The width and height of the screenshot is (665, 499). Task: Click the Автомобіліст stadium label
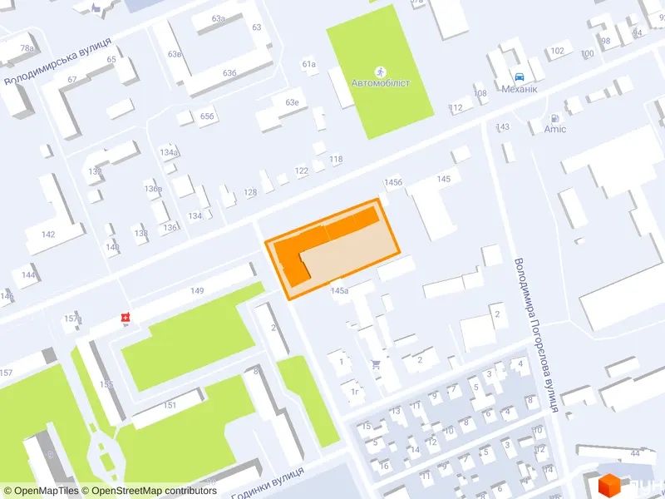point(381,84)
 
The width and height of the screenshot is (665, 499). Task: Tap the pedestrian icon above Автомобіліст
point(381,71)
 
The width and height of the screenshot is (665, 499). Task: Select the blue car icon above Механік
point(520,74)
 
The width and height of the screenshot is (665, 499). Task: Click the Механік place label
point(520,88)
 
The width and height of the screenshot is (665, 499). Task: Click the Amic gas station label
point(554,129)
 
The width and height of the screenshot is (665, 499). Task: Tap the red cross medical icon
point(126,318)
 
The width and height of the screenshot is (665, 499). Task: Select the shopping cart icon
point(377,363)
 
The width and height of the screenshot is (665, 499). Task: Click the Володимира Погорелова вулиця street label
point(537,334)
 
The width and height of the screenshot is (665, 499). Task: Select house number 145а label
point(339,291)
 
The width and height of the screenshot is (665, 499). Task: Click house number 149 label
point(197,290)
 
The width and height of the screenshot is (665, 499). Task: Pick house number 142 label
point(48,235)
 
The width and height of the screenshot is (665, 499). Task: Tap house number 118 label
point(336,159)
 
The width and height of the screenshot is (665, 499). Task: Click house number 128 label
point(250,193)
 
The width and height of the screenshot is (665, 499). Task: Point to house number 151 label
point(170,405)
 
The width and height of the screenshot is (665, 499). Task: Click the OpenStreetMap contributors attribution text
point(155,491)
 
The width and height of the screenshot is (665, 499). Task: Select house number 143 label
point(502,126)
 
